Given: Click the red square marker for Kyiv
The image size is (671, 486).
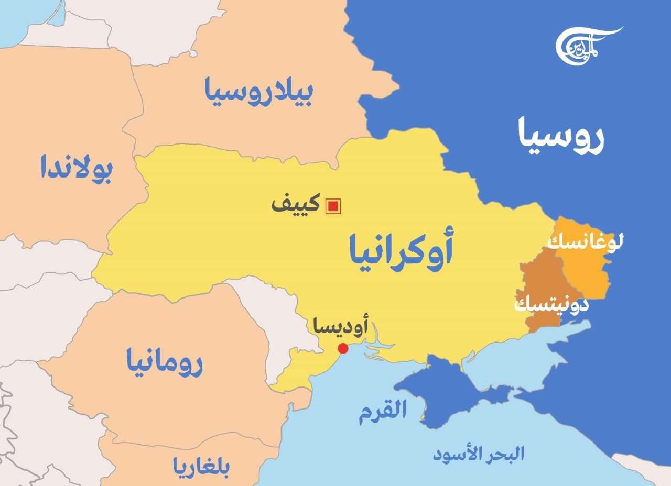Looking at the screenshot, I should [333, 206].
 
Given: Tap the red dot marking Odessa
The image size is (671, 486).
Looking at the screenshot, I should [343, 348].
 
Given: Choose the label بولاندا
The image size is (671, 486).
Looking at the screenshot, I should [77, 168].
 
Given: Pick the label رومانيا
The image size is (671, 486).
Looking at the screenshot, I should [164, 362].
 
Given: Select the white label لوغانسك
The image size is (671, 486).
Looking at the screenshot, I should [585, 242].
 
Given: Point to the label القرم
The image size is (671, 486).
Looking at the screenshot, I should [383, 412].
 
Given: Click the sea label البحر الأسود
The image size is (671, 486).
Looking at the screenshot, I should [479, 454].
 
